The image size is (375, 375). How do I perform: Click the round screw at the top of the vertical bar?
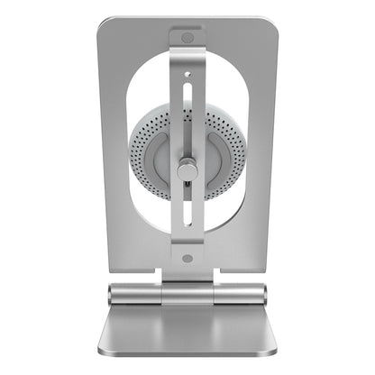[x=187, y=39]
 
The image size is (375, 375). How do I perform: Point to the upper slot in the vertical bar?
[x=187, y=105]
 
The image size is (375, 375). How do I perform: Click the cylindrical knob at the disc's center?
[x=187, y=170]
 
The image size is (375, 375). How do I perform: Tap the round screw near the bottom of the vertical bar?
[x=187, y=258]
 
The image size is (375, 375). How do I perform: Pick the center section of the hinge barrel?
[x=187, y=293]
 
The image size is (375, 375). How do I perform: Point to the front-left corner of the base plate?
[x=100, y=354]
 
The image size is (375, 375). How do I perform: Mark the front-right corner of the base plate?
[x=273, y=354]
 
